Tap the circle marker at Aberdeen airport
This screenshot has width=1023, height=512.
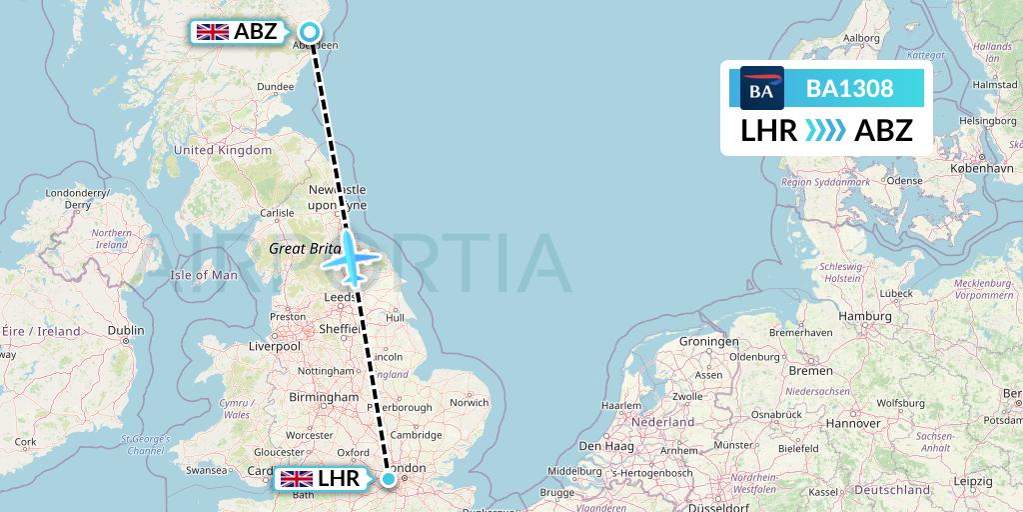[x=310, y=32]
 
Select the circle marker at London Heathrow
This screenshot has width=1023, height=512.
[x=389, y=480]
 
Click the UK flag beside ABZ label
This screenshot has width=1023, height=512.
[x=213, y=32]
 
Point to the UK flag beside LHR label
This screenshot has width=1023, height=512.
[x=297, y=480]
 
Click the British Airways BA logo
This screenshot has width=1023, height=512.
[x=762, y=88]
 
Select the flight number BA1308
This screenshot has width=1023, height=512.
[x=849, y=88]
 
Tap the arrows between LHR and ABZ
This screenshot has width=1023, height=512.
[x=825, y=130]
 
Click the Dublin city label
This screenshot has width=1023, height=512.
[x=126, y=331]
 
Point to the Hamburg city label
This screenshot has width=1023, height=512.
[x=865, y=316]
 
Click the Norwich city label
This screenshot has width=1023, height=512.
[x=469, y=403]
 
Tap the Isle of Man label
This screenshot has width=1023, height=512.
[x=204, y=275]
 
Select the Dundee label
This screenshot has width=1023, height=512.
[x=275, y=87]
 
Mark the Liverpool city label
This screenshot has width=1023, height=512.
[x=275, y=346]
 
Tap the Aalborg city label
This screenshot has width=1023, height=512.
[x=861, y=38]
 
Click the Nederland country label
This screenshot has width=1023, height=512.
[x=664, y=422]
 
